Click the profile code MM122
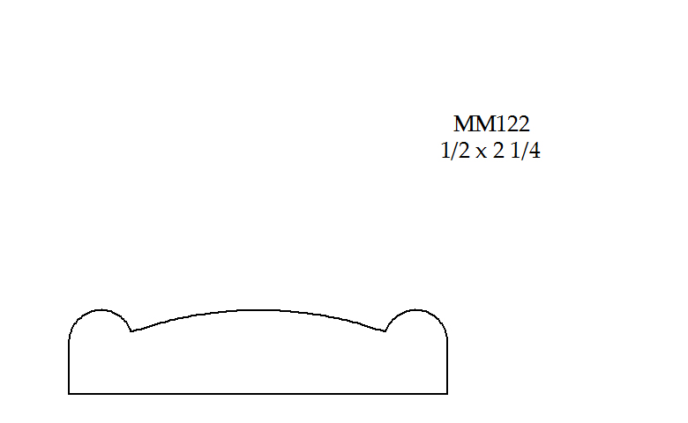click(x=491, y=124)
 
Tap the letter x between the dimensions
click(x=482, y=153)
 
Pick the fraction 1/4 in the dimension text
click(x=526, y=151)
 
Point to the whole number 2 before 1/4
click(x=499, y=151)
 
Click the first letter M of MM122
click(x=464, y=124)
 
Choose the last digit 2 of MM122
click(x=524, y=124)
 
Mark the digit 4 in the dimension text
click(x=535, y=152)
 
